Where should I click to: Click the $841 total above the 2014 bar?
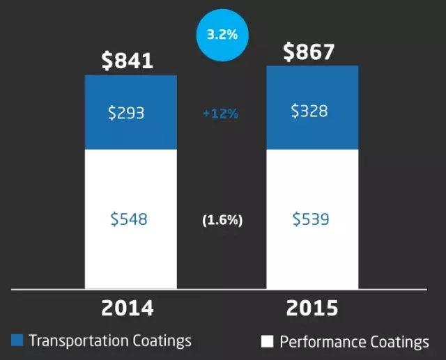click(x=127, y=61)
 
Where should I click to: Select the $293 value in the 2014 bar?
click(x=126, y=113)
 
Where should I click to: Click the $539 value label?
click(x=312, y=220)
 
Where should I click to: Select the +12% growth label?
click(x=220, y=114)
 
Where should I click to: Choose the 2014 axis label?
click(x=126, y=307)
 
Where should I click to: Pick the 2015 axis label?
click(x=312, y=307)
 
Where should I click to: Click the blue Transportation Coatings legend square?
click(x=17, y=341)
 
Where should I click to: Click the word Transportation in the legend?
click(x=74, y=341)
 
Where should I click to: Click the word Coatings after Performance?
click(x=398, y=342)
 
